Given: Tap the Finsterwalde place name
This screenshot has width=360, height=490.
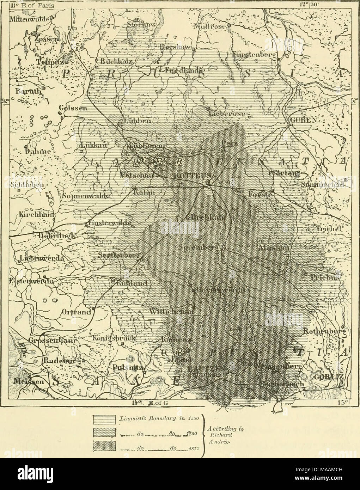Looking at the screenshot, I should (110, 223).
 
